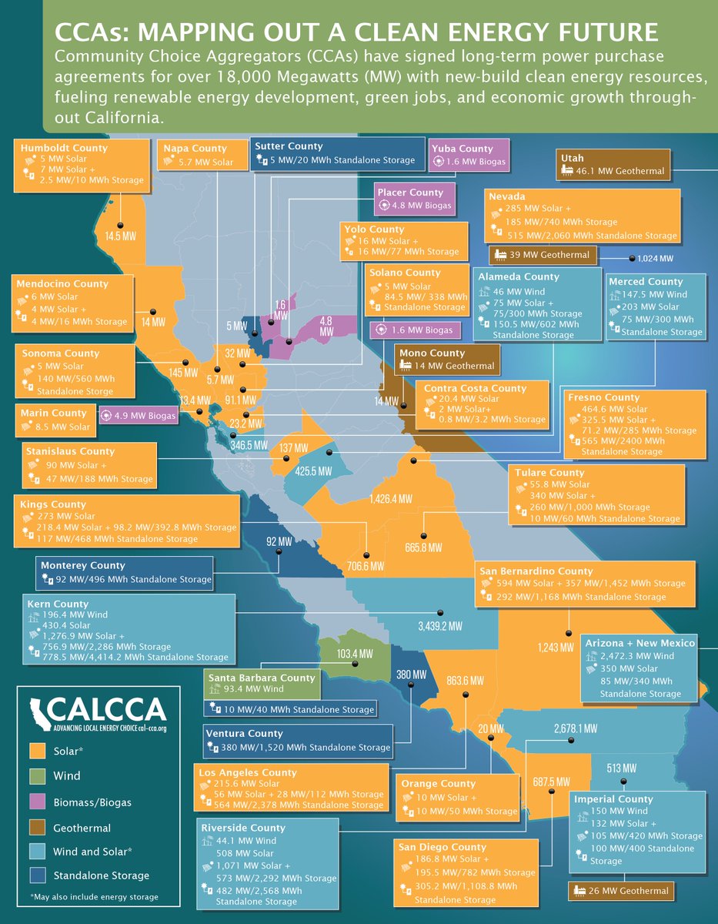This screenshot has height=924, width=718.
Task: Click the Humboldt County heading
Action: click(64, 148)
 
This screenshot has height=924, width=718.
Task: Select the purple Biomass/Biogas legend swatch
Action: click(37, 802)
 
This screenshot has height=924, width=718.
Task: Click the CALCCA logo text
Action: click(106, 708)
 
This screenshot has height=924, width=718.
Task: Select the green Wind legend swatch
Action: click(37, 775)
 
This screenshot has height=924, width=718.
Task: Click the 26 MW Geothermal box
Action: click(619, 891)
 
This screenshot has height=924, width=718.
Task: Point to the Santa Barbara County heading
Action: click(262, 678)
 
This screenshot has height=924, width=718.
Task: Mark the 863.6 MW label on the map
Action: click(465, 681)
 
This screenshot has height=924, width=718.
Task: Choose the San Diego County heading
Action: click(442, 847)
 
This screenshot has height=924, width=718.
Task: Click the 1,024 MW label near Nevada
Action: click(655, 259)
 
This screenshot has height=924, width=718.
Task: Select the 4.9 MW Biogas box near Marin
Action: click(139, 416)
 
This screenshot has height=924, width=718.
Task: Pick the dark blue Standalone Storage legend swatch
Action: click(37, 875)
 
